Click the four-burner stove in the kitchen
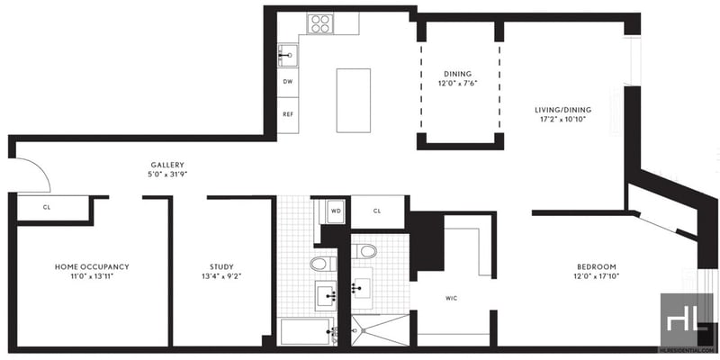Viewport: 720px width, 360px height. pos(320,23)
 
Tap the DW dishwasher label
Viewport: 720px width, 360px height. pos(288,82)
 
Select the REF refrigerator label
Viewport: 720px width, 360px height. pos(288,114)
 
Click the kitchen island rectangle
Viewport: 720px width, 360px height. pos(353,101)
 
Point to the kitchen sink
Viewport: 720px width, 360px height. pos(288,56)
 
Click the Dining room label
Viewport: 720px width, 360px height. pos(457,74)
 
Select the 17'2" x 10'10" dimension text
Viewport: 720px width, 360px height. pos(563,119)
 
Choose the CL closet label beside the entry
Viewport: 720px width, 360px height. pos(47,207)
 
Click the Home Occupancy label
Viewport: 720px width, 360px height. pos(92,266)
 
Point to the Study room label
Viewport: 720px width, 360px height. pos(221,266)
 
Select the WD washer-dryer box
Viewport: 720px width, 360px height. pos(335,211)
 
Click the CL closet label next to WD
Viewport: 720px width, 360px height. pos(377,211)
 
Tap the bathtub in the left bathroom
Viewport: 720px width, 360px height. pos(306,331)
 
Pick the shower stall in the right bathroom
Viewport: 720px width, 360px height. pos(380,330)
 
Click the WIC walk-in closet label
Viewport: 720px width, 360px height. pos(452,299)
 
